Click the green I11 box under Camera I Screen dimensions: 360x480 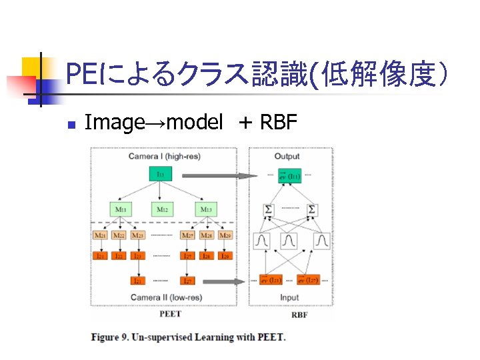pos(161,175)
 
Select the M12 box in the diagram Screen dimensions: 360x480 pos(161,209)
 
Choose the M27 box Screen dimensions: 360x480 pos(187,235)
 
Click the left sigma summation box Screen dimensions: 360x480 pos(269,209)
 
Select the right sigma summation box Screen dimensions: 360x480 pos(312,209)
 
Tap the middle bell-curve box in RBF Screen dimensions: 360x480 pos(289,239)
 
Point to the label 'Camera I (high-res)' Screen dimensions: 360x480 pos(164,156)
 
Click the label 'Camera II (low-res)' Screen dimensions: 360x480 pos(166,297)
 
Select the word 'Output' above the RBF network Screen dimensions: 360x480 pos(287,156)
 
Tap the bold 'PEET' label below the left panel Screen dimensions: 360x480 pos(170,313)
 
